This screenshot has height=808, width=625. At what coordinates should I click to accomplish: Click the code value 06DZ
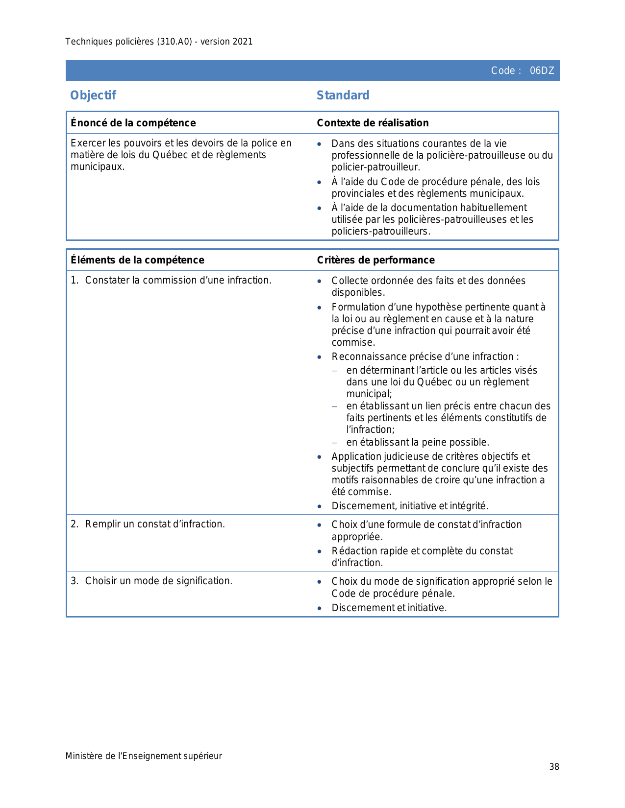(542, 71)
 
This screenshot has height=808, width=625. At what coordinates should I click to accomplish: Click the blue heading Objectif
(93, 95)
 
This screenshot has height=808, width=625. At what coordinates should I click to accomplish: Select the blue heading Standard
(343, 95)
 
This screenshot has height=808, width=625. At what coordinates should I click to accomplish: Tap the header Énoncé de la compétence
(133, 123)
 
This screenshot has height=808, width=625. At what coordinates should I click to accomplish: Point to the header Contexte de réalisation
(373, 123)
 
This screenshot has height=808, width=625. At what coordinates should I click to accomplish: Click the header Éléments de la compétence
(137, 260)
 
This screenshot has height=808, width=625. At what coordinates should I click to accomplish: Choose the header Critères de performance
(375, 260)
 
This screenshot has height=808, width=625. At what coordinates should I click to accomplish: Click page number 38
(554, 767)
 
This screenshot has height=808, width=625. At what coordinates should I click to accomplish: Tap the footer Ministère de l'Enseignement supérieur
(144, 756)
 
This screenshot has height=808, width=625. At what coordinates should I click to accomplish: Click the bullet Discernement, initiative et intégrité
(410, 506)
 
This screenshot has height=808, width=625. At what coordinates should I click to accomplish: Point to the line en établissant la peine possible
(418, 442)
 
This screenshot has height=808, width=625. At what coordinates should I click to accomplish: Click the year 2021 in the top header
(243, 42)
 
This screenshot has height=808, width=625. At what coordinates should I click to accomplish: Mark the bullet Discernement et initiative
(389, 608)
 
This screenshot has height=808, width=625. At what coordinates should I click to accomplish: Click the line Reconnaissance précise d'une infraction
(425, 356)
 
